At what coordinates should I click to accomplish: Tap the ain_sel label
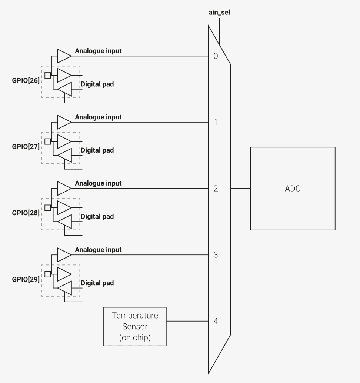[x=219, y=13]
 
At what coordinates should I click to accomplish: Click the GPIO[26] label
[x=26, y=80]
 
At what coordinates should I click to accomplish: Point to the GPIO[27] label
[x=26, y=147]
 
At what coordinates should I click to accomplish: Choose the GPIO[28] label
[x=26, y=213]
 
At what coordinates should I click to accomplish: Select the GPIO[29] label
[x=26, y=279]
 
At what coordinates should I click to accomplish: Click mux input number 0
[x=216, y=56]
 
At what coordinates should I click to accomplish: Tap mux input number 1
[x=216, y=122]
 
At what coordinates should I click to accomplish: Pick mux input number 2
[x=216, y=188]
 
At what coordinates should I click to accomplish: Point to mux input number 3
[x=216, y=255]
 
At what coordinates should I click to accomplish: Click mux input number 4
[x=216, y=321]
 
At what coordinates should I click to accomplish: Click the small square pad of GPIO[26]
[x=48, y=75]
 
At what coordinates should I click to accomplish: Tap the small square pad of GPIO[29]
[x=48, y=274]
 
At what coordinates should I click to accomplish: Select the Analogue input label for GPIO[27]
[x=98, y=117]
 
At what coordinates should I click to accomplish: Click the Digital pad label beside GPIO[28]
[x=97, y=216]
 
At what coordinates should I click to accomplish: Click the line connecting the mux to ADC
[x=240, y=188]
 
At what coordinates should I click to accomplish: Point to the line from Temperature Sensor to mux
[x=187, y=321]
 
